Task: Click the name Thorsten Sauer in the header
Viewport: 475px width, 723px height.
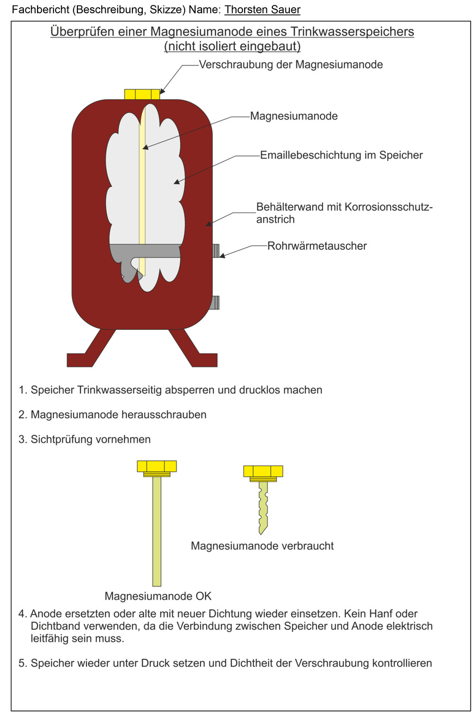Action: point(262,10)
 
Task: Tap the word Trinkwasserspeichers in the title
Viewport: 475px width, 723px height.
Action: point(345,32)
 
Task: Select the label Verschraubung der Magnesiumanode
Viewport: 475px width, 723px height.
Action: point(291,65)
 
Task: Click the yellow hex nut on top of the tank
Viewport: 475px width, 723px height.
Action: point(142,94)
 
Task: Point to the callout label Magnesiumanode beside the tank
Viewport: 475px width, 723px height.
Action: point(294,116)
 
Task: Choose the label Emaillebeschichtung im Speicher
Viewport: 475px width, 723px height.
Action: point(341,155)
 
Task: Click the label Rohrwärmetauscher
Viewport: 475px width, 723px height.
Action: point(317,246)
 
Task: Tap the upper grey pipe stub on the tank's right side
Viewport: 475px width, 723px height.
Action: point(216,251)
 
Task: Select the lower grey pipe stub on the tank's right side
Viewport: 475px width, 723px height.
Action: point(216,302)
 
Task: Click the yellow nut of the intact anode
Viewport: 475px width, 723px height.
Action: point(156,467)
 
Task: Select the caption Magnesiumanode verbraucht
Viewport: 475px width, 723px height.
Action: point(262,546)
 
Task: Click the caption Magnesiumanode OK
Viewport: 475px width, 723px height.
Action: point(158,595)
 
